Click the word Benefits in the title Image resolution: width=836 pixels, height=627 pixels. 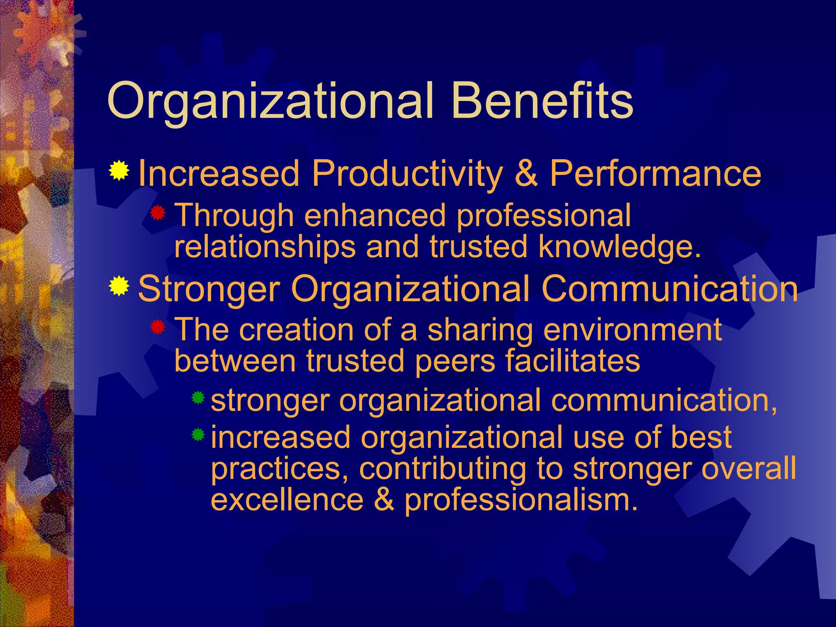click(542, 100)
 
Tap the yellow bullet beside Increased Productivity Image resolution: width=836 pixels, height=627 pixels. click(119, 171)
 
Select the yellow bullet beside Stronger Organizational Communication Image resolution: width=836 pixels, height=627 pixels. click(119, 286)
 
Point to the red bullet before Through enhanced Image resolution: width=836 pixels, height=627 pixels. click(158, 213)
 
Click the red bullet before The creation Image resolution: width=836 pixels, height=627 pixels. click(158, 327)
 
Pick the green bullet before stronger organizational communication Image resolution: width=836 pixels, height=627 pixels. click(198, 397)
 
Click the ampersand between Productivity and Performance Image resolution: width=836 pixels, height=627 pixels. click(526, 173)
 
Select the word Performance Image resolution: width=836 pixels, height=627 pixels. click(655, 173)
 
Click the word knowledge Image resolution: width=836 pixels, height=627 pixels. click(619, 247)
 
